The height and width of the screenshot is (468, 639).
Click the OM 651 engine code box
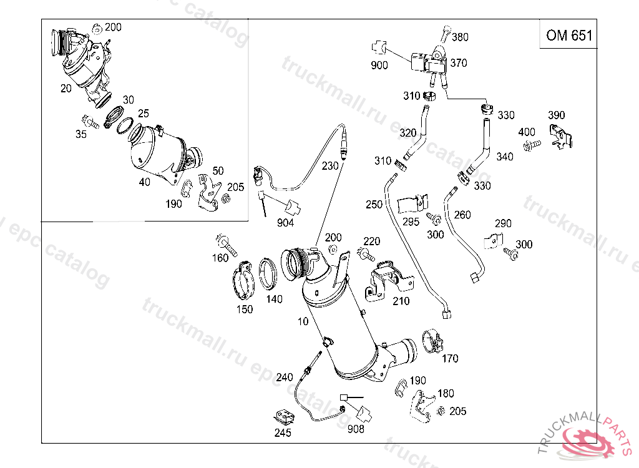coord(568,35)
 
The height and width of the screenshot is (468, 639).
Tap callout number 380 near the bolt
coord(460,37)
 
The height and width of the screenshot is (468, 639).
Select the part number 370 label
coord(458,63)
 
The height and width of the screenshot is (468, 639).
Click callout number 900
coord(379,65)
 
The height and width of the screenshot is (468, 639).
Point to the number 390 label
coord(556,115)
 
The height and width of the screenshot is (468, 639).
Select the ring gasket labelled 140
coord(269,274)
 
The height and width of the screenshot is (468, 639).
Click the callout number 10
coord(303,322)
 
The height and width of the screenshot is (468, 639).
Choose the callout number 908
coord(356,429)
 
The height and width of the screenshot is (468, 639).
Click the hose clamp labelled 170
coord(432,341)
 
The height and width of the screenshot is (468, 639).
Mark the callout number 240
coord(284,378)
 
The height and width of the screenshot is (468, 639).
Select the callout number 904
coord(286,223)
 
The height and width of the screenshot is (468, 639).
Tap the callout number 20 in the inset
coord(66,89)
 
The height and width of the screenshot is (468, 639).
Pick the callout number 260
coord(462,215)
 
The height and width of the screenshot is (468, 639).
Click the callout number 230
coord(330,167)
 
